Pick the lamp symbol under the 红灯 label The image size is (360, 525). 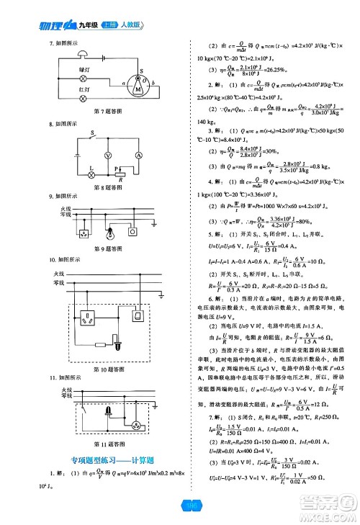[x=84, y=97]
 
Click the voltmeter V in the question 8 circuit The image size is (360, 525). [x=107, y=154]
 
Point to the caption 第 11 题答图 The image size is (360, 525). [x=108, y=444]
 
